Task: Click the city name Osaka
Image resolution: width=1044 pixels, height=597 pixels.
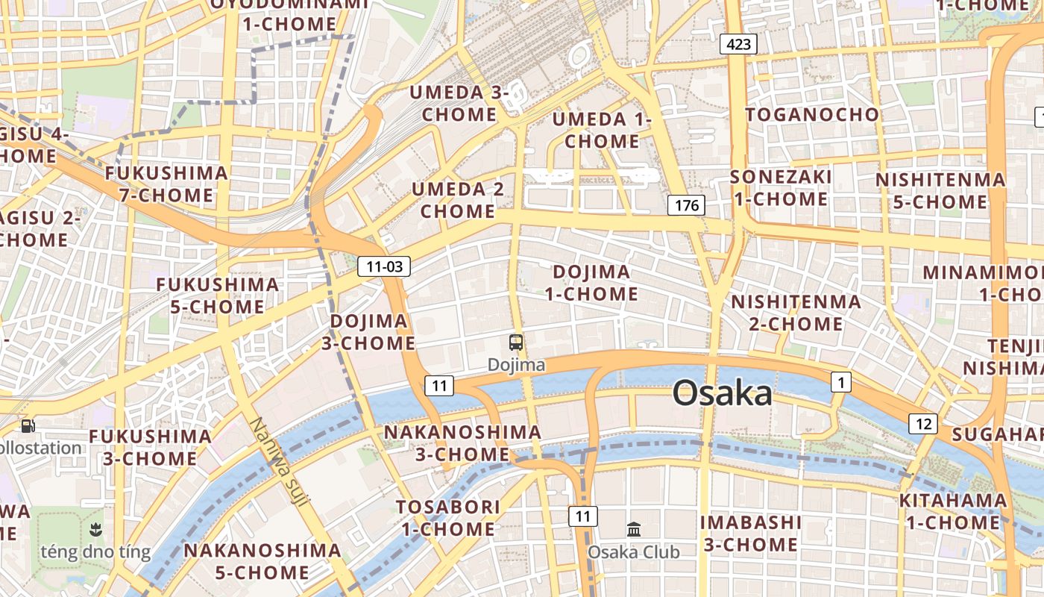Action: tap(722, 393)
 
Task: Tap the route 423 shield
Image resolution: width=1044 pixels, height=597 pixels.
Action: tap(738, 44)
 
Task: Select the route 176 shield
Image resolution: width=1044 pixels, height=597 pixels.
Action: tap(686, 205)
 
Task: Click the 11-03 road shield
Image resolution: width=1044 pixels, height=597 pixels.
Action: tap(384, 266)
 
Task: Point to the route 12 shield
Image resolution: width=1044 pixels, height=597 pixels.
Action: tap(923, 424)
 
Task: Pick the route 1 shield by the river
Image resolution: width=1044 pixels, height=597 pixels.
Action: tap(841, 383)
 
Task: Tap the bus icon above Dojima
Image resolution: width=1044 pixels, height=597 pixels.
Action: tap(516, 343)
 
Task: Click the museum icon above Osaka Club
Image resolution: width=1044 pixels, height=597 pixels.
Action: tap(634, 529)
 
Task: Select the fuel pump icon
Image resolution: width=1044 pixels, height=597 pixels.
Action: tap(28, 426)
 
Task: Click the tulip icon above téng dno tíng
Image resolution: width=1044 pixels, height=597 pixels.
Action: tap(95, 530)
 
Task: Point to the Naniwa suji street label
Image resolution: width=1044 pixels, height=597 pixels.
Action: tap(278, 461)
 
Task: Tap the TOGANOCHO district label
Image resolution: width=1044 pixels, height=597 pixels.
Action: tap(812, 114)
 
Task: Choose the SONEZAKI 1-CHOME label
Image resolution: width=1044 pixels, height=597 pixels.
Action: tap(780, 188)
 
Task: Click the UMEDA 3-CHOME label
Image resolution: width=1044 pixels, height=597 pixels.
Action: tap(459, 104)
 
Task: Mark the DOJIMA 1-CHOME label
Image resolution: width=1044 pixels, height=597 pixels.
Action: tap(591, 283)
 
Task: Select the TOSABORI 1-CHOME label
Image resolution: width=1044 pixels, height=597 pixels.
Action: tap(447, 518)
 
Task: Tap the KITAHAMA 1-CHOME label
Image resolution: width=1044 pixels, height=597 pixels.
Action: tap(952, 511)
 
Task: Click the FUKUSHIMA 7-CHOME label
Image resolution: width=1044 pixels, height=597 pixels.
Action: tap(166, 184)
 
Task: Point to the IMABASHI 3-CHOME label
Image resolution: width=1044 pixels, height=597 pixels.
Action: tap(751, 534)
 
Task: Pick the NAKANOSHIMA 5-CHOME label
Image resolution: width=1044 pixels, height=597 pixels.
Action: tap(262, 561)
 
